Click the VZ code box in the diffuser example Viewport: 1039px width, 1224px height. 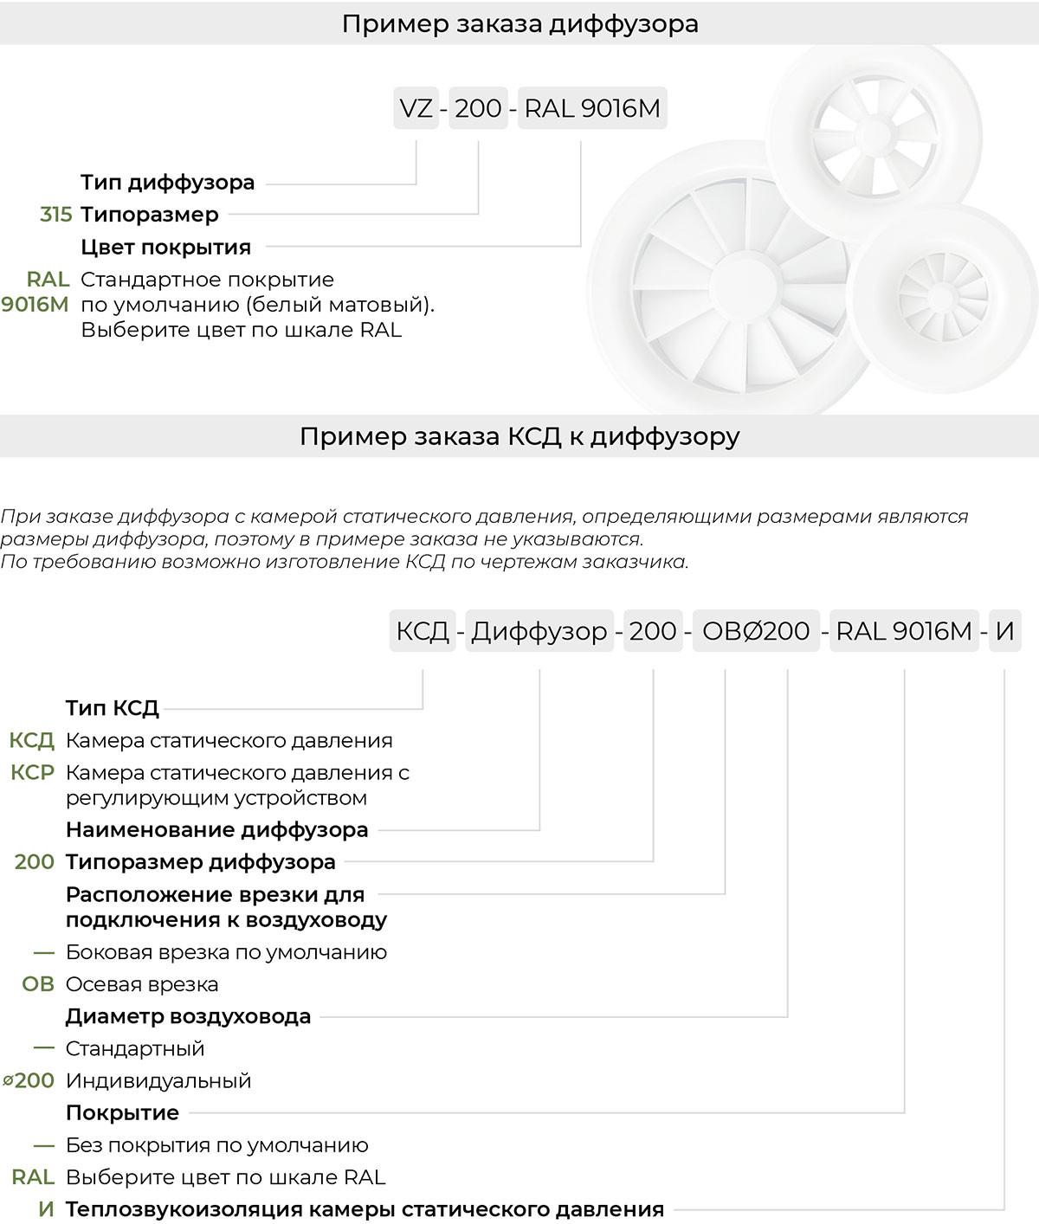(416, 109)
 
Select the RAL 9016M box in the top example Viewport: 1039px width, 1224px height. (592, 109)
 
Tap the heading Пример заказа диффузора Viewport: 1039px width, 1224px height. (519, 23)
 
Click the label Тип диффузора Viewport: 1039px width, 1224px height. (168, 183)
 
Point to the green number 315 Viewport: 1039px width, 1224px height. (56, 215)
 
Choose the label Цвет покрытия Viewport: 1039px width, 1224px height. (166, 248)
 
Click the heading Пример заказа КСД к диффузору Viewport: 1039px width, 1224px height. (519, 436)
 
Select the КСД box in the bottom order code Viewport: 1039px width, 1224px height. (423, 631)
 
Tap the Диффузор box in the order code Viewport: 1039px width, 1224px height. (539, 631)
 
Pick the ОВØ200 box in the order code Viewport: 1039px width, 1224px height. (756, 631)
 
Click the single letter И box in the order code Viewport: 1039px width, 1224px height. (1004, 631)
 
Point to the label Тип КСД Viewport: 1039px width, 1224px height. (113, 708)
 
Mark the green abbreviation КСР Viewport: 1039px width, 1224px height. (33, 772)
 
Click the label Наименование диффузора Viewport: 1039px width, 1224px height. (217, 830)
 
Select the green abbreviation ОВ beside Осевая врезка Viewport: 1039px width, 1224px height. (38, 984)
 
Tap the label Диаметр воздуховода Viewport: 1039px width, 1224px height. (189, 1016)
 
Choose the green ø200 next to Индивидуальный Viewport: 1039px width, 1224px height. (29, 1080)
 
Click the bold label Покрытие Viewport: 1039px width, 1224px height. (123, 1113)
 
